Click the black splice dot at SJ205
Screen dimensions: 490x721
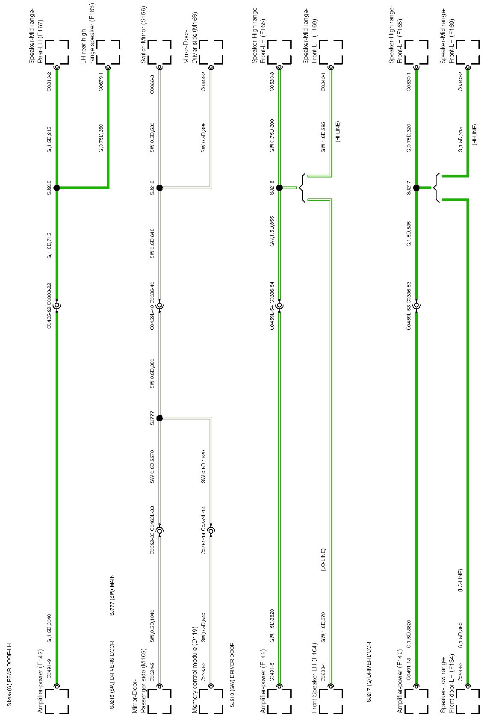[x=56, y=188]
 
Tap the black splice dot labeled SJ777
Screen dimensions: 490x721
[x=159, y=418]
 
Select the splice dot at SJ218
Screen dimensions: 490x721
[x=279, y=188]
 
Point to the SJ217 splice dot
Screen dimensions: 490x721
[x=416, y=188]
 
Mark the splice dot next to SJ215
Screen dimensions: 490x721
[x=159, y=188]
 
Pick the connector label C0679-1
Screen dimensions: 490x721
[x=101, y=83]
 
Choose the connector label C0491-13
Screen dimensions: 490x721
[x=409, y=668]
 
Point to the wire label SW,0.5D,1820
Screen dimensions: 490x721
[x=204, y=467]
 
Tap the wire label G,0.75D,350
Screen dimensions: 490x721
[x=101, y=139]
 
